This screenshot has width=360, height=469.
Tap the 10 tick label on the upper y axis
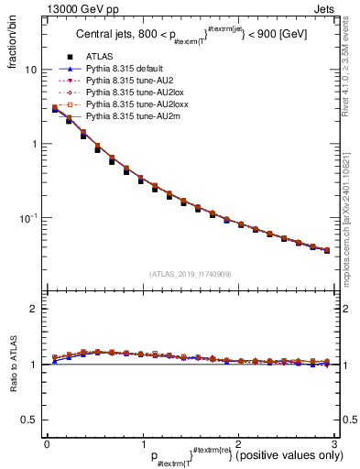[x=31, y=71]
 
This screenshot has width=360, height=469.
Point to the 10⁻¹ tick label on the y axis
[x=29, y=218]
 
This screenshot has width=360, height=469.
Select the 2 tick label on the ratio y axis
[x=34, y=309]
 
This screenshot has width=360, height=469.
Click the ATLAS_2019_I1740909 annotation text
[x=190, y=273]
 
